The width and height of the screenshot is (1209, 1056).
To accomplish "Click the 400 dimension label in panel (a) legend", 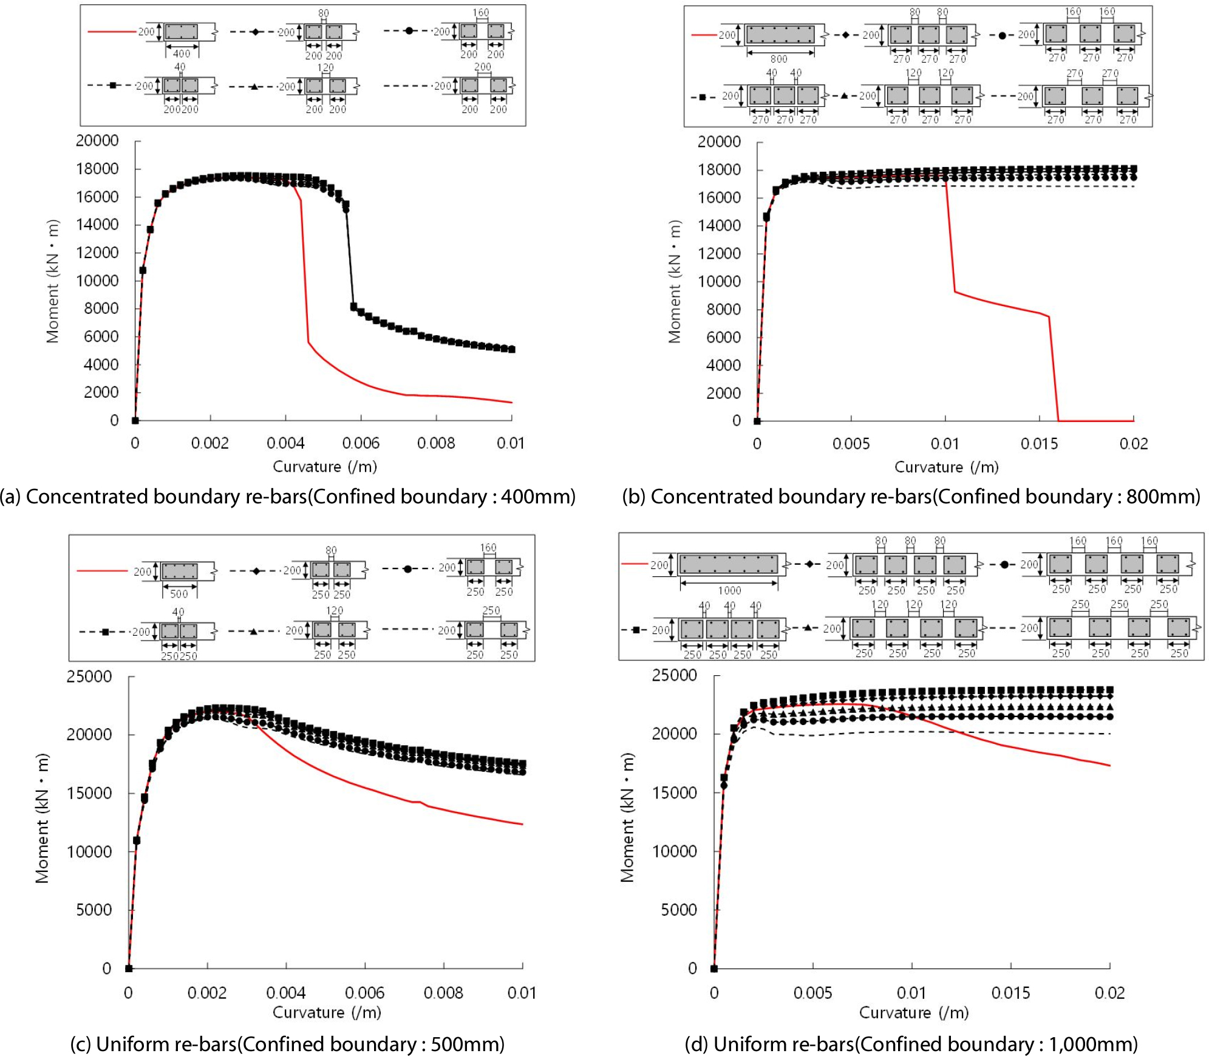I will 182,53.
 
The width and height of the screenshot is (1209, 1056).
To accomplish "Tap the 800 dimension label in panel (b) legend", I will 778,59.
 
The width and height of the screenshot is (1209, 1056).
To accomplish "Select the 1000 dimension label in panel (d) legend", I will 729,590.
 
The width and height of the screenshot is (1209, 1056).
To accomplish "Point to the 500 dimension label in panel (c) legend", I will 179,594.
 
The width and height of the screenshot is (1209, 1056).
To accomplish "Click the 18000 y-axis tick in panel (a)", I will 97,169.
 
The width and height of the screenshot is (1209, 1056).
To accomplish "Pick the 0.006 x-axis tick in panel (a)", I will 361,443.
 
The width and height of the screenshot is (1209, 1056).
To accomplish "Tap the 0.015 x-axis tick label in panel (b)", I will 1039,444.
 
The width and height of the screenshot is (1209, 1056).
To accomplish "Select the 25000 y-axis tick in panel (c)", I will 89,676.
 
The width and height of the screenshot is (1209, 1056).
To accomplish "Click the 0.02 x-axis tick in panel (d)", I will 1109,993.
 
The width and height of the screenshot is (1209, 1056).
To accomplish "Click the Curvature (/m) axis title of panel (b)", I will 946,467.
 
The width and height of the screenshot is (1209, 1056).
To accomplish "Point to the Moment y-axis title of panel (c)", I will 41,818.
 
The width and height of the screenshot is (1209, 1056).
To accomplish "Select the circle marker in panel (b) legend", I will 1002,35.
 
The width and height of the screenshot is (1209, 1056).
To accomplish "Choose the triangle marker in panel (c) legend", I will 254,632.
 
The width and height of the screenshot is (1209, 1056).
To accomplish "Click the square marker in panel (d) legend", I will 636,630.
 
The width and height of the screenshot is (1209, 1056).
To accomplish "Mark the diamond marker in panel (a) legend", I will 256,32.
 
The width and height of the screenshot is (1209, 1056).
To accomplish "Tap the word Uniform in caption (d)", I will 745,1044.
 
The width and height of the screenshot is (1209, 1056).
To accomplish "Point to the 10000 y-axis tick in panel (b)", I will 719,281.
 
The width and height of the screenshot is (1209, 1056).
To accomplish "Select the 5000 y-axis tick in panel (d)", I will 679,910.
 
